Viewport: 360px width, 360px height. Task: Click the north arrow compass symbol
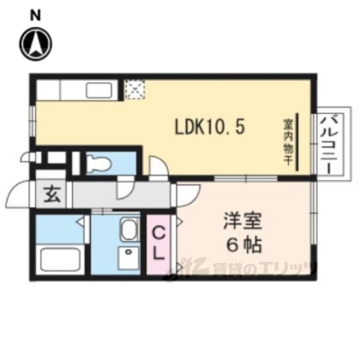(x=34, y=44)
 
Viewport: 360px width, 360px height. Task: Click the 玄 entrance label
(x=52, y=196)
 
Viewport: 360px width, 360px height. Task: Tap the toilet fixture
(x=98, y=163)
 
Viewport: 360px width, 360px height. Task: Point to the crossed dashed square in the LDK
(x=134, y=90)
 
